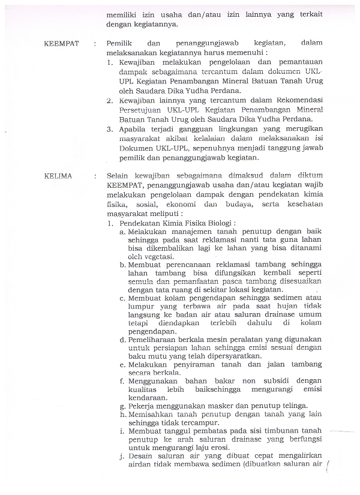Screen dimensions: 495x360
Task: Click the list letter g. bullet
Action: [x=122, y=406]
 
